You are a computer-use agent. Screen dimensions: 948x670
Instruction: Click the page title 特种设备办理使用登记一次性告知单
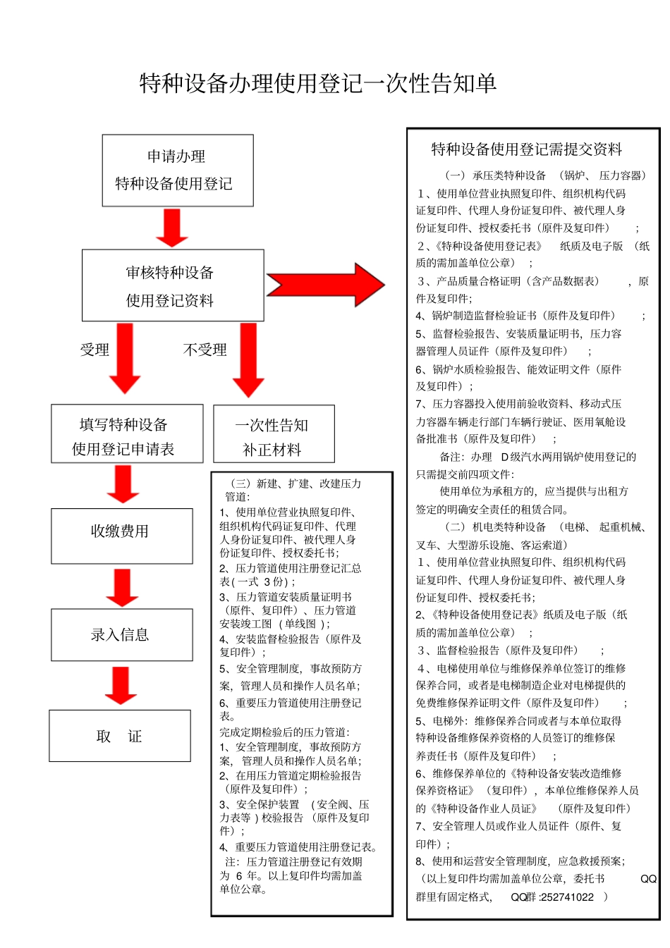coord(318,83)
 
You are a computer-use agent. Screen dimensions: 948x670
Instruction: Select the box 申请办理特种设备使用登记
coord(177,171)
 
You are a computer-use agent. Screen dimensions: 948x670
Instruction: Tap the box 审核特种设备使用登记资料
coord(173,285)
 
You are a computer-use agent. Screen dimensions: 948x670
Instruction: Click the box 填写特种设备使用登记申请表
coord(127,434)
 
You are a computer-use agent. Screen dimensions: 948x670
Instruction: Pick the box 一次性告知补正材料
coord(274,434)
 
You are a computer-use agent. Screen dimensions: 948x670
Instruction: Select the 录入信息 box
coord(121,635)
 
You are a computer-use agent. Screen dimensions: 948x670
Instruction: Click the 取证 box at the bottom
coord(120,736)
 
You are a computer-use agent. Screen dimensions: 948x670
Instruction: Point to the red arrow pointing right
coord(326,285)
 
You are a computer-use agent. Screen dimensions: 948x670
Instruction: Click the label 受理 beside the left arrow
coord(95,350)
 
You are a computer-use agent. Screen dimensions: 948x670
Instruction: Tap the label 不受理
coord(205,350)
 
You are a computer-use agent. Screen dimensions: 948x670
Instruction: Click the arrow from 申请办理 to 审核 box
coord(172,228)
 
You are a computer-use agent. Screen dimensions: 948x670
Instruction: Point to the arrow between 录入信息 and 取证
coord(121,685)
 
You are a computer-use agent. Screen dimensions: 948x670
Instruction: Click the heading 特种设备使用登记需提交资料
coord(527,149)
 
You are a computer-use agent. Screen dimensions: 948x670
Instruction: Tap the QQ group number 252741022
coord(568,897)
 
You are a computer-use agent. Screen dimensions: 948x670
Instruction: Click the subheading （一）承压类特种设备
coord(495,176)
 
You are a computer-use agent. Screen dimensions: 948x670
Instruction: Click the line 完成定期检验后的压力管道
coord(284,732)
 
